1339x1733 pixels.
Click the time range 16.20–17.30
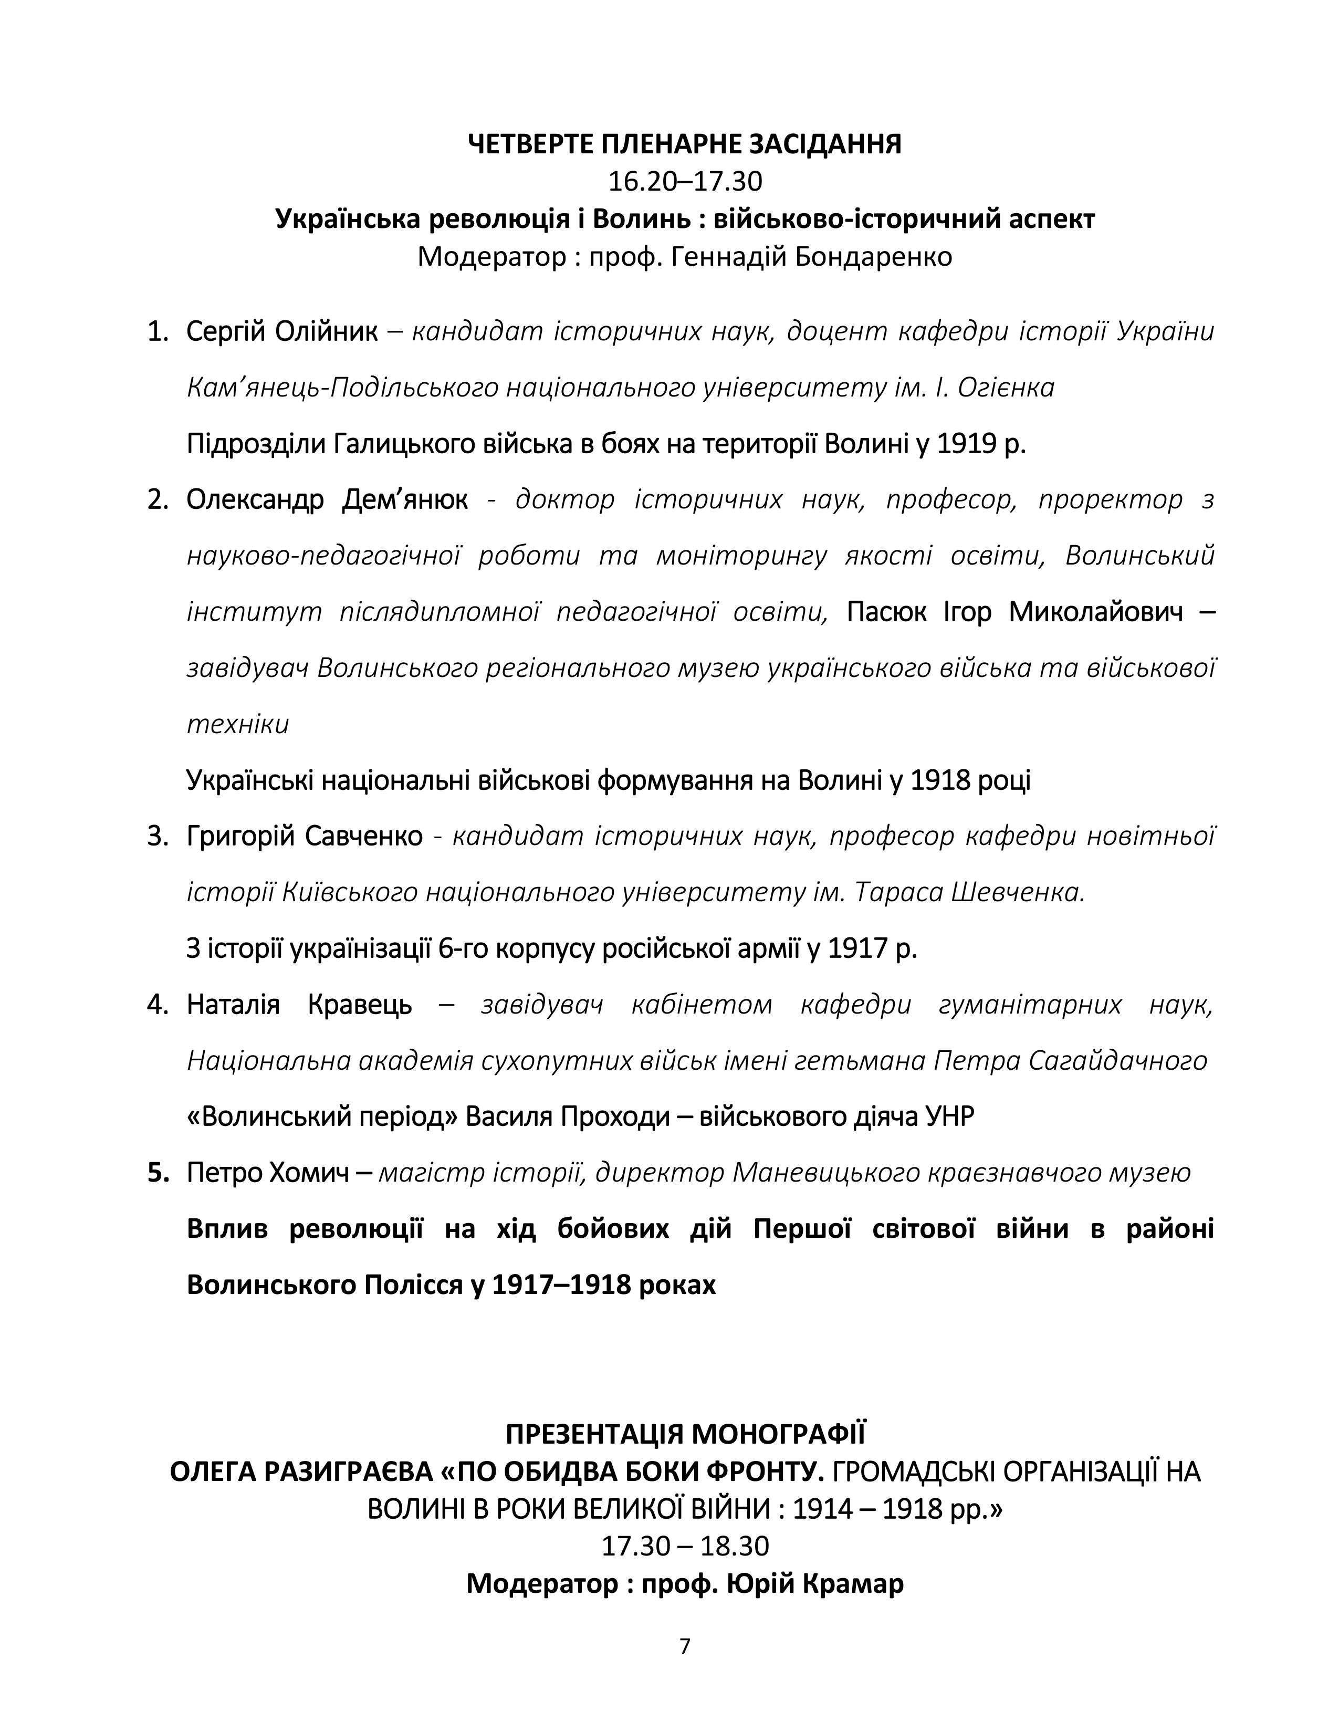(685, 182)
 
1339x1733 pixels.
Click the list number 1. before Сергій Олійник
(158, 332)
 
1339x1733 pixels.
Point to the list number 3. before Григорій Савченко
(158, 837)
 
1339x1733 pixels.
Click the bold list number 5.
(159, 1173)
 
